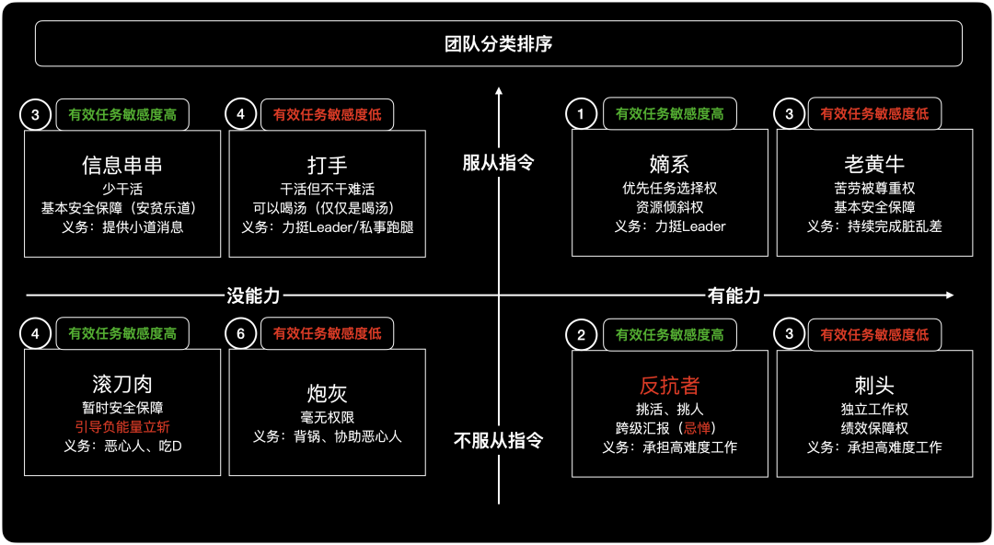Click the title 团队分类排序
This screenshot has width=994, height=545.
(x=498, y=44)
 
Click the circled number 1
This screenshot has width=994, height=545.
(x=581, y=115)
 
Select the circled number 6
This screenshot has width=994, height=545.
(x=241, y=334)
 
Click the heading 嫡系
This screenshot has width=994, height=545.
(x=669, y=165)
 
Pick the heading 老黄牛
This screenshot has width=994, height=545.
(x=874, y=165)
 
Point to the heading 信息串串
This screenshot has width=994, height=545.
(x=122, y=166)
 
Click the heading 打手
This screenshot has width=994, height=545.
(x=327, y=166)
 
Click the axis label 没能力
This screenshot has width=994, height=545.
(x=253, y=296)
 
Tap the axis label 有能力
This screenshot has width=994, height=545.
(x=734, y=296)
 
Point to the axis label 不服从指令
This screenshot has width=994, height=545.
(x=498, y=440)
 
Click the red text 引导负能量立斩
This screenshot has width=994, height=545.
(x=122, y=427)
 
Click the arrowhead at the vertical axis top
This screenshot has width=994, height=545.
(x=498, y=92)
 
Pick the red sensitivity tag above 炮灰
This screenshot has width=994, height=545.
(x=327, y=334)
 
